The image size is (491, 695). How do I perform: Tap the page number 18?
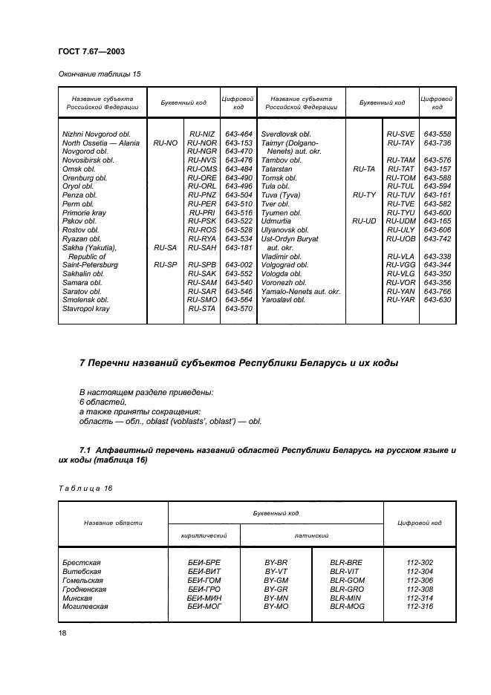tap(62, 633)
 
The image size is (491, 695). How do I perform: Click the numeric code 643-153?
tap(238, 143)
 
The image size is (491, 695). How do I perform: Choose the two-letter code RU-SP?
tap(165, 264)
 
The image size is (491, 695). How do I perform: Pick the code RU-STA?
tap(201, 308)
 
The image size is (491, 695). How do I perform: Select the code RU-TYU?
tap(400, 212)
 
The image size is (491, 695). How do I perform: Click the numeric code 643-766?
tap(437, 291)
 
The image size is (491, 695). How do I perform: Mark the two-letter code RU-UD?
tap(364, 221)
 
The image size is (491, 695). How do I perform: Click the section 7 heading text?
tap(238, 364)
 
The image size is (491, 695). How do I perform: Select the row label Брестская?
tap(81, 563)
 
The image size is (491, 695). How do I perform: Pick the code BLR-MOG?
tap(346, 607)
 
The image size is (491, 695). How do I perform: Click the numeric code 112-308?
tap(421, 589)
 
